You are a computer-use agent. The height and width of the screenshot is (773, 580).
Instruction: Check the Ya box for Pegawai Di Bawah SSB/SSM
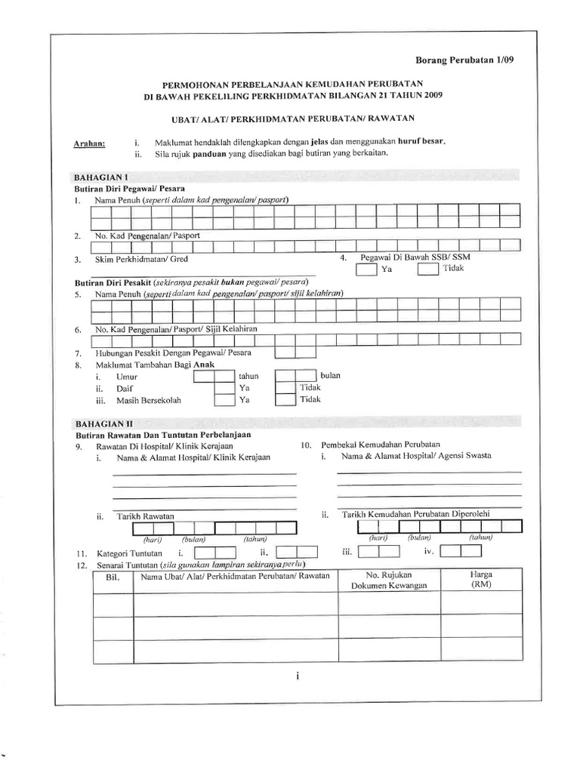[x=366, y=269]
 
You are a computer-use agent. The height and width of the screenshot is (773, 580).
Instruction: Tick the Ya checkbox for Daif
[x=224, y=387]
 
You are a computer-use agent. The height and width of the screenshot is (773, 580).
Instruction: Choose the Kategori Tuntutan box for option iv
[x=455, y=553]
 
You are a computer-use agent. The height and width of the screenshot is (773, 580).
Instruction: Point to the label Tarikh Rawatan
[x=145, y=516]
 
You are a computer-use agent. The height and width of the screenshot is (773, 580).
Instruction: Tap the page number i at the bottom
[x=298, y=676]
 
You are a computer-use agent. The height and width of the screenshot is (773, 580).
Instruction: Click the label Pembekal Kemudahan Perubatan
[x=381, y=445]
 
